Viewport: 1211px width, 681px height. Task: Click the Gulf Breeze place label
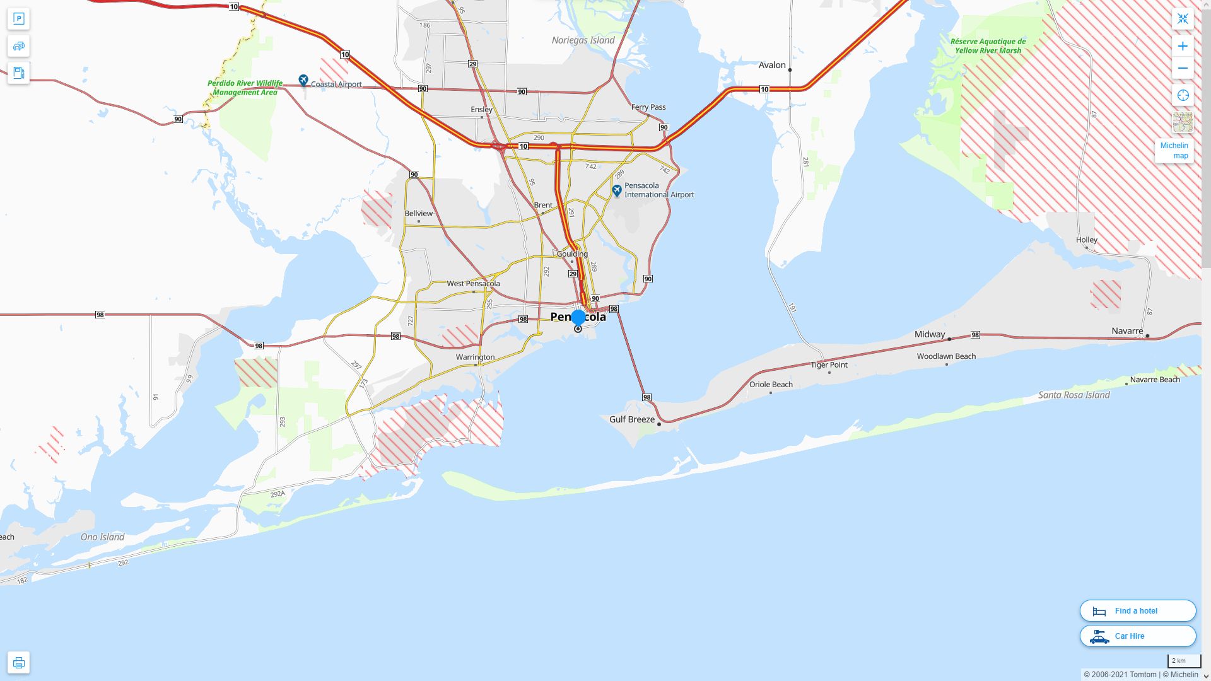click(x=632, y=419)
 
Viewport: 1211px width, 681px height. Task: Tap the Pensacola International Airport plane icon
click(x=617, y=190)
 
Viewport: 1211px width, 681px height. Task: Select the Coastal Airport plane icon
click(x=303, y=80)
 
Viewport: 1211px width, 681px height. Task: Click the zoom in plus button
click(x=1183, y=46)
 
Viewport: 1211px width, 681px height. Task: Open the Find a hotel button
click(x=1138, y=610)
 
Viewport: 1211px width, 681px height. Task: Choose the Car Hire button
click(x=1138, y=636)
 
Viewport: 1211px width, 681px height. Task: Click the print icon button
click(x=18, y=662)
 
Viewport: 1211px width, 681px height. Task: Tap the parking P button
click(x=18, y=19)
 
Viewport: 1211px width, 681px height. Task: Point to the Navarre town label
click(x=1127, y=331)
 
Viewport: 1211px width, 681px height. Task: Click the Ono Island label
click(x=102, y=537)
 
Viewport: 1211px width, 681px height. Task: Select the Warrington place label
click(x=475, y=357)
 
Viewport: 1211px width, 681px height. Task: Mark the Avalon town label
click(x=772, y=65)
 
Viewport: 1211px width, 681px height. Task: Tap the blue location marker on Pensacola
click(x=578, y=317)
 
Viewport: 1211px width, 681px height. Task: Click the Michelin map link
click(x=1174, y=151)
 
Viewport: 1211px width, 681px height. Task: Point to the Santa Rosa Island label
click(x=1074, y=395)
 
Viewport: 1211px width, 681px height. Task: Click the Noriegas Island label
click(x=583, y=40)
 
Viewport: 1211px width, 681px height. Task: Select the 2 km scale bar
click(x=1183, y=661)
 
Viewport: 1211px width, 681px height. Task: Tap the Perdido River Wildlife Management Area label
click(x=245, y=88)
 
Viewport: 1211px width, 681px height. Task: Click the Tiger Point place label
click(x=829, y=364)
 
